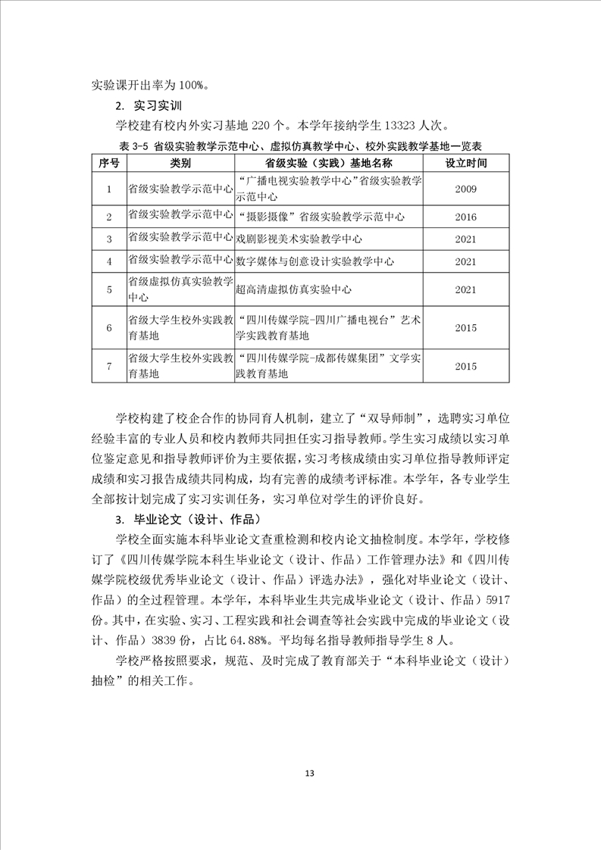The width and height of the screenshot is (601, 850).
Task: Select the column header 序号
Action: pyautogui.click(x=108, y=163)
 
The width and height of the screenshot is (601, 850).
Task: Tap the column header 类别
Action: pyautogui.click(x=180, y=163)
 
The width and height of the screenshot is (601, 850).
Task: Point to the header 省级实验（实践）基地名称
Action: pyautogui.click(x=329, y=163)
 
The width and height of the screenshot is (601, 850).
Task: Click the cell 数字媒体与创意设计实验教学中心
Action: pyautogui.click(x=315, y=261)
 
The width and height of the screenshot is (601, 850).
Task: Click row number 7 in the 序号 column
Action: pyautogui.click(x=108, y=366)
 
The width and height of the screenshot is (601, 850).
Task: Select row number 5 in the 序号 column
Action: pyautogui.click(x=108, y=289)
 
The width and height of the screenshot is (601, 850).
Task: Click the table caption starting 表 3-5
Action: pyautogui.click(x=301, y=145)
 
